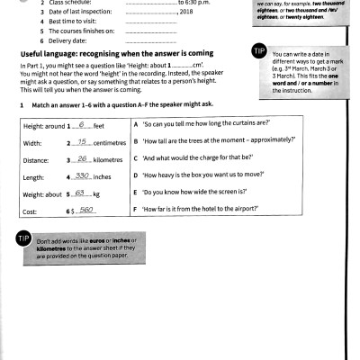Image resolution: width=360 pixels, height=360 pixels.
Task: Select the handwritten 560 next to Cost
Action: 85,211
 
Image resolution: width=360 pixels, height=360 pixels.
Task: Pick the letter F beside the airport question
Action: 134,211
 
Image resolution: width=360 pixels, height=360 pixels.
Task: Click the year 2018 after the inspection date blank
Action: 188,11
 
